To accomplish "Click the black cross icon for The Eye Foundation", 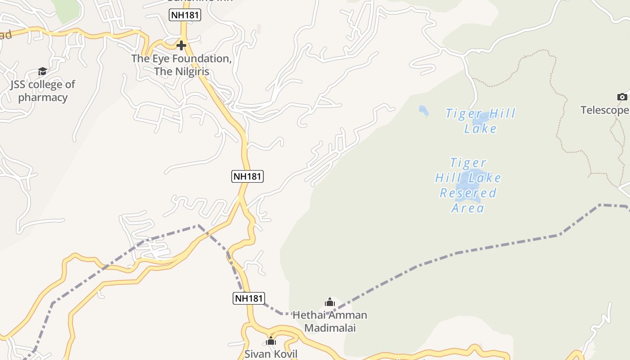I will tap(181, 45).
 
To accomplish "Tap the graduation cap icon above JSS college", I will tap(42, 71).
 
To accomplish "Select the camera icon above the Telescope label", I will tap(622, 97).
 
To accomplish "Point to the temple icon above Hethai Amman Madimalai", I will tap(330, 302).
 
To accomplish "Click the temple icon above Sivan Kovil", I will tap(270, 341).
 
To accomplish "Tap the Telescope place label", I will tap(604, 110).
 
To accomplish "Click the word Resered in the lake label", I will tap(468, 193).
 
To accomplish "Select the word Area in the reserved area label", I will tap(468, 208).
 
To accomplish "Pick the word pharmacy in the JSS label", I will tap(43, 98).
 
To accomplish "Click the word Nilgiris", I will tap(191, 72).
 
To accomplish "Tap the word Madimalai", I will tap(330, 328).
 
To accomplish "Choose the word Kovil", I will tap(283, 354).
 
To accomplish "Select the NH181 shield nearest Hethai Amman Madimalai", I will tap(248, 298).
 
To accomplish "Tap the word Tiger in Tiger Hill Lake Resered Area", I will tap(468, 163).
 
